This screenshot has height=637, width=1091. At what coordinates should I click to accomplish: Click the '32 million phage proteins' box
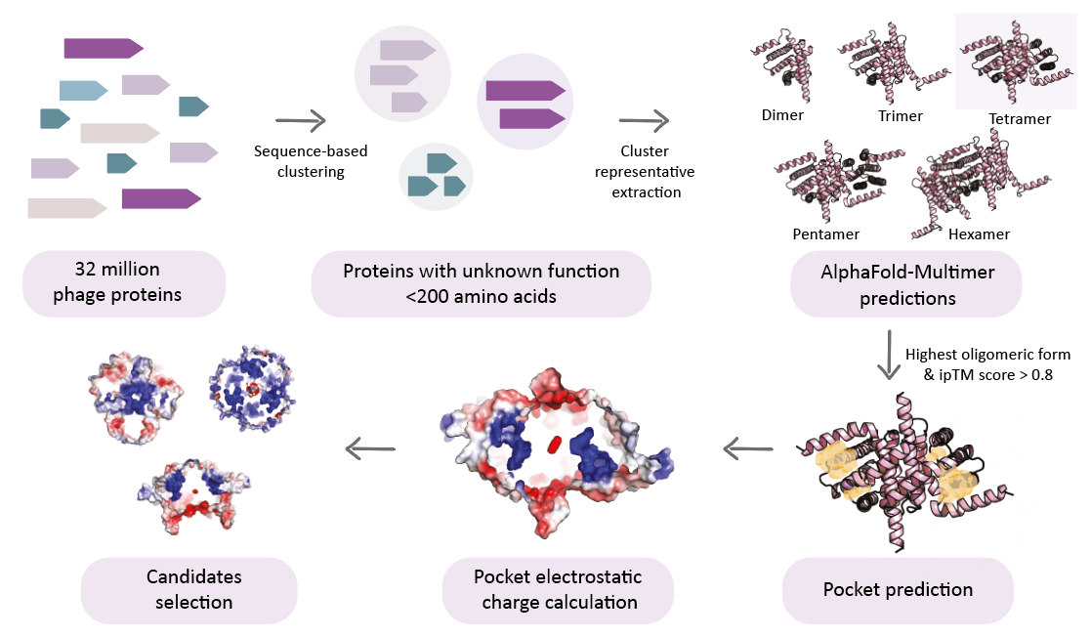124,281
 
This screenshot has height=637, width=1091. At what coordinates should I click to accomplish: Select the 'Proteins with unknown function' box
481,283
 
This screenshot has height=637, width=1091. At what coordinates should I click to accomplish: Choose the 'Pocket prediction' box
898,589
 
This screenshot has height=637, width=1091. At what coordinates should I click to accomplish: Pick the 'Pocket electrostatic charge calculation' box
557,590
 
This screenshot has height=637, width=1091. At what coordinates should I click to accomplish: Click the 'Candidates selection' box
189,589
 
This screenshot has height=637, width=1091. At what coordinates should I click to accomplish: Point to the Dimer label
782,115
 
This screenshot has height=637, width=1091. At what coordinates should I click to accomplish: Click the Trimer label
901,115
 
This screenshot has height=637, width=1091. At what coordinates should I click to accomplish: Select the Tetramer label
1019,119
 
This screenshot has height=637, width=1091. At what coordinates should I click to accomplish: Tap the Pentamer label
826,234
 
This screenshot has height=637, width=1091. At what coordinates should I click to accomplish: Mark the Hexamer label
979,234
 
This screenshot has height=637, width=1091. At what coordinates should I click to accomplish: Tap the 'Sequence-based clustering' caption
299,161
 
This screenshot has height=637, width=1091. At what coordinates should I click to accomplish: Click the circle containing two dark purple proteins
525,102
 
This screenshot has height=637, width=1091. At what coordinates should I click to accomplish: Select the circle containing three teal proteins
436,178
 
